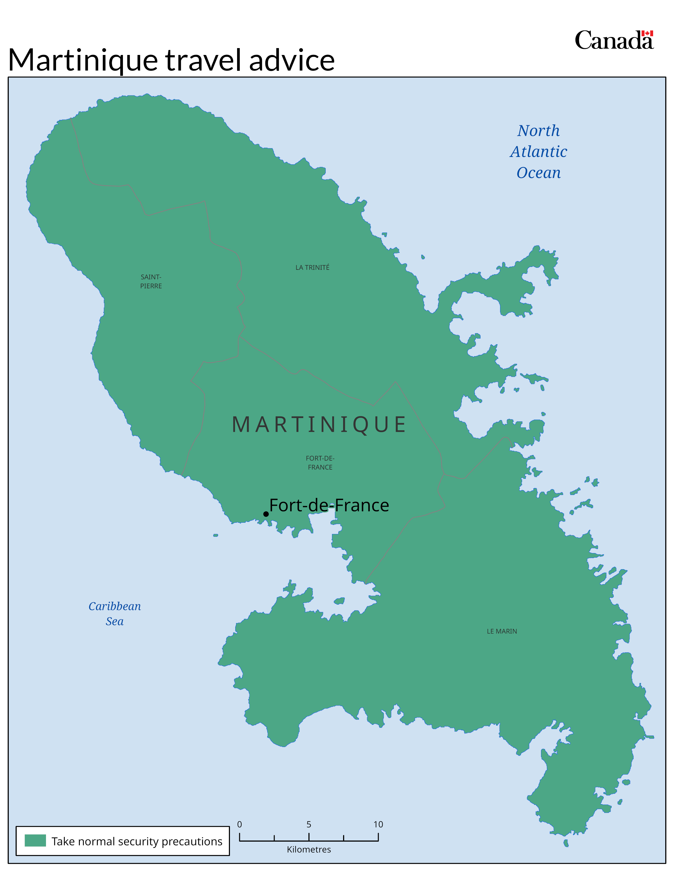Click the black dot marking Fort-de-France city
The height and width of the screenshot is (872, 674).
click(266, 514)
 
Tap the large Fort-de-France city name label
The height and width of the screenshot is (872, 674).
click(329, 505)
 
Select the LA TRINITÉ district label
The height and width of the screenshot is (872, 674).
click(312, 267)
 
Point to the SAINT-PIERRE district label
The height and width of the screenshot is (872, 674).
click(151, 281)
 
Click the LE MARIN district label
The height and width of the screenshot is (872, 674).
click(501, 631)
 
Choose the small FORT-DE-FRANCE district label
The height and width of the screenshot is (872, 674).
click(320, 463)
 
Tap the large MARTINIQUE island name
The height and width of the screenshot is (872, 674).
click(319, 424)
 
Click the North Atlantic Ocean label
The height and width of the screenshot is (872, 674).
click(538, 152)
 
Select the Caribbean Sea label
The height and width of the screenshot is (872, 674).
click(115, 614)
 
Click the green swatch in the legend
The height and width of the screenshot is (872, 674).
click(35, 841)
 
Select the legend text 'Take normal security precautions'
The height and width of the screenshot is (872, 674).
click(137, 841)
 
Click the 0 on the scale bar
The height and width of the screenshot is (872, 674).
click(239, 824)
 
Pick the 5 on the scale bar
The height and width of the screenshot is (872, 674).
click(309, 824)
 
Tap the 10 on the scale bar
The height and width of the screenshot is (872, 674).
click(378, 824)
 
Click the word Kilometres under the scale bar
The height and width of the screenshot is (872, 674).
click(309, 850)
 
